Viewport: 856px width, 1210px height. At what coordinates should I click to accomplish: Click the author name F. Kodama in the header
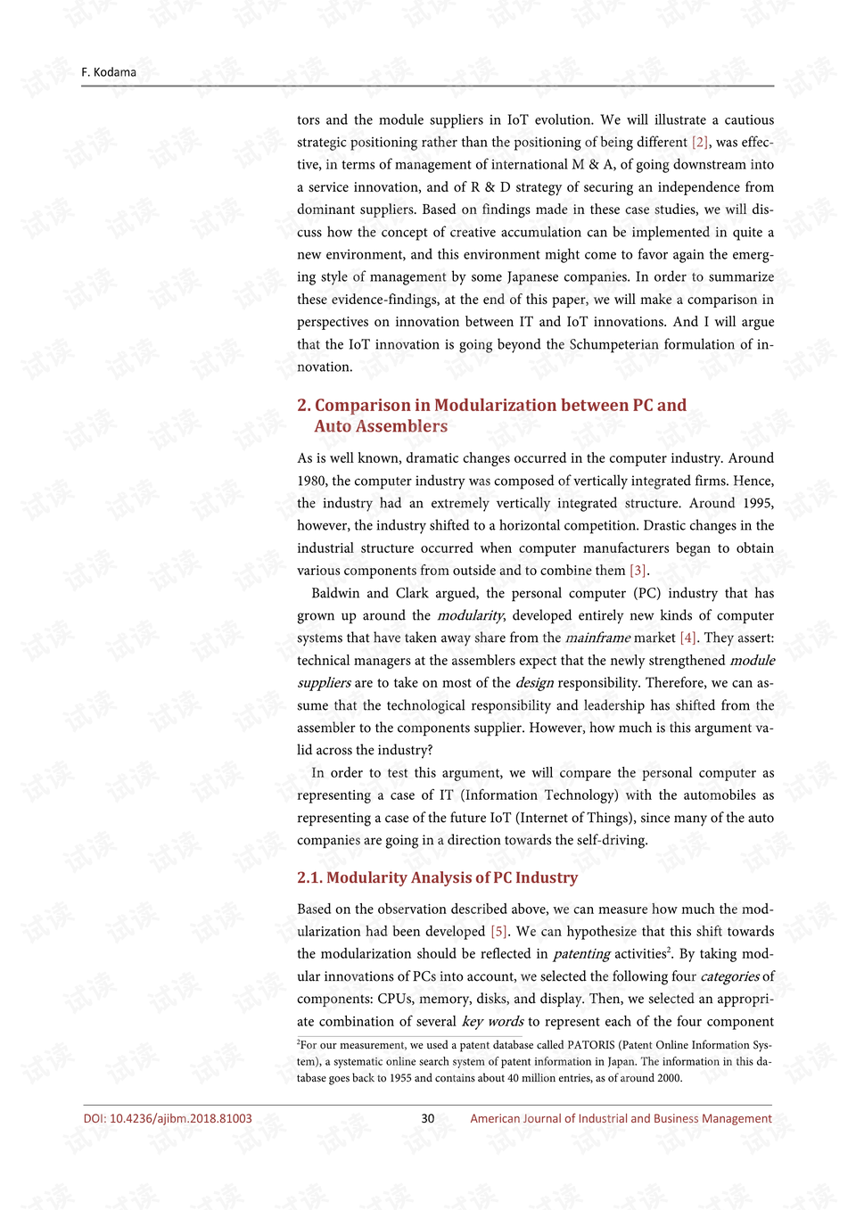(109, 72)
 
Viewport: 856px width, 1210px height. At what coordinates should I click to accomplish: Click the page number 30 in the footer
(428, 1118)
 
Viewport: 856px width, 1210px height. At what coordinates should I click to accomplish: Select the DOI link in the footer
(168, 1118)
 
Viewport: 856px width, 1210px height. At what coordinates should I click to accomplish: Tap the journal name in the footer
(621, 1118)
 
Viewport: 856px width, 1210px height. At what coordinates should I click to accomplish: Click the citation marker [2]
(701, 143)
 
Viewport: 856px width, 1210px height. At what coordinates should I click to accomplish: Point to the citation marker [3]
(638, 571)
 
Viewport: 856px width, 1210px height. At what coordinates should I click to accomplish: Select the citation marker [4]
(688, 638)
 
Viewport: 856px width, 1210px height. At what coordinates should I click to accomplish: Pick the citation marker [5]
(499, 932)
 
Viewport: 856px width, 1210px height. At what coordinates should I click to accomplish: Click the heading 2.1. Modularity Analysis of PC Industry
(437, 877)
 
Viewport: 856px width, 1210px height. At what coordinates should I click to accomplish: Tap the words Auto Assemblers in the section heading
(381, 426)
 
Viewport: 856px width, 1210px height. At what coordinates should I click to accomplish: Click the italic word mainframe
(597, 638)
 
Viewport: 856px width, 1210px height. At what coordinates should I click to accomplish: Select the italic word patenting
(581, 954)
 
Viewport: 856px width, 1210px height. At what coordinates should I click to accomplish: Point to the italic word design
(534, 683)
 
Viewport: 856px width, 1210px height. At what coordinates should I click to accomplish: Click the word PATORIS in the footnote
(591, 1045)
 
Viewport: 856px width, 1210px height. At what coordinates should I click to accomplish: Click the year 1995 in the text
(756, 503)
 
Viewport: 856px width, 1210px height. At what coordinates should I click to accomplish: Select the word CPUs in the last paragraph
(395, 1000)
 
